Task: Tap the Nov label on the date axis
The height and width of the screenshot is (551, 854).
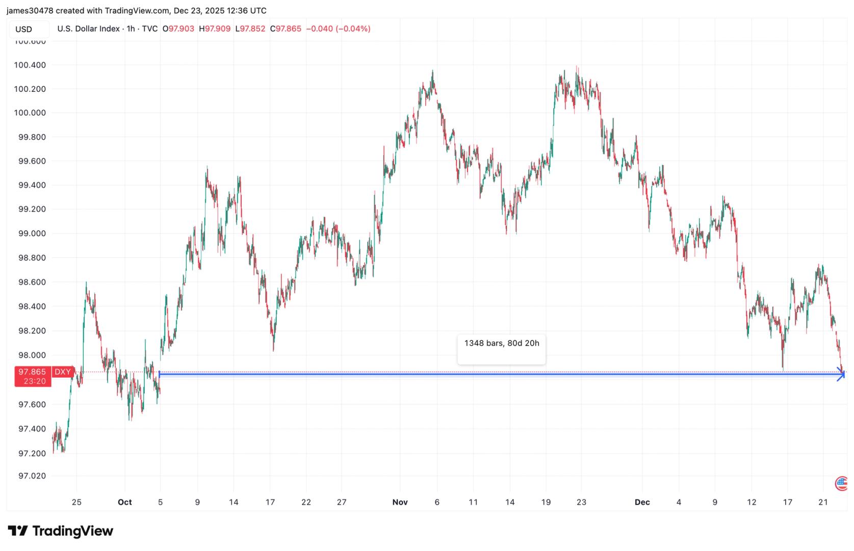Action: pyautogui.click(x=400, y=503)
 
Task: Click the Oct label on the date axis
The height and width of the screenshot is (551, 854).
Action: pyautogui.click(x=124, y=503)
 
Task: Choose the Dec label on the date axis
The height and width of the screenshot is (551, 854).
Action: pyautogui.click(x=642, y=503)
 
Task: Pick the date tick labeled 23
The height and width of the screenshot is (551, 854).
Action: pyautogui.click(x=581, y=503)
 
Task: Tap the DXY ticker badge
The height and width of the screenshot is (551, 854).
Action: pyautogui.click(x=63, y=372)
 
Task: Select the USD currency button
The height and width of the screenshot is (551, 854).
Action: pyautogui.click(x=23, y=29)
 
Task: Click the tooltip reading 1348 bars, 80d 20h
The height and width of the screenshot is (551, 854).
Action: pyautogui.click(x=501, y=343)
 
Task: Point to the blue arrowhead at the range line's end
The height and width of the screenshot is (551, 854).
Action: pyautogui.click(x=841, y=374)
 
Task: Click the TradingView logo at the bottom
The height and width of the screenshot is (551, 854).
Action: pyautogui.click(x=60, y=531)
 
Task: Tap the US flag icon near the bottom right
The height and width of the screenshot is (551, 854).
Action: pyautogui.click(x=841, y=483)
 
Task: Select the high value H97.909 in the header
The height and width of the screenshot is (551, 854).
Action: pyautogui.click(x=215, y=29)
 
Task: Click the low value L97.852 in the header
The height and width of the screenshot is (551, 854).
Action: pyautogui.click(x=250, y=29)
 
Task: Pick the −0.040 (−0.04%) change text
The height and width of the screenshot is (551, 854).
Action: pyautogui.click(x=338, y=29)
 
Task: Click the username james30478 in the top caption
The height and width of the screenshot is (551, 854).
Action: pyautogui.click(x=30, y=11)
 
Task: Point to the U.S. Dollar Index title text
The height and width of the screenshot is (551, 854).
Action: pyautogui.click(x=88, y=29)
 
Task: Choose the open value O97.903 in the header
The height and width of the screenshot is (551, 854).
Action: pyautogui.click(x=178, y=29)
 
